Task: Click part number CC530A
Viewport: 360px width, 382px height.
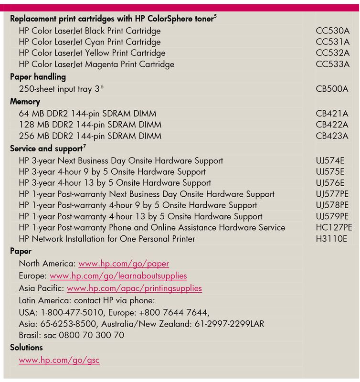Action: (333, 31)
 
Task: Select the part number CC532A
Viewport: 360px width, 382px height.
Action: (333, 53)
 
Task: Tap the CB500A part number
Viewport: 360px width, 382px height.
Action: (332, 89)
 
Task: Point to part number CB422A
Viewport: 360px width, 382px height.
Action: (332, 125)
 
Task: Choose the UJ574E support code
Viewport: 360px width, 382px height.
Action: (330, 161)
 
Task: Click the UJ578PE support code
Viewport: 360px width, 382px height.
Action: (332, 205)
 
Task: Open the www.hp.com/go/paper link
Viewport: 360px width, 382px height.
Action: (124, 264)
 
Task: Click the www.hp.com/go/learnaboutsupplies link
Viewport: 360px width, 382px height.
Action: (118, 276)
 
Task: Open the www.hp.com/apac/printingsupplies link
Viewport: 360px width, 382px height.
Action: (134, 288)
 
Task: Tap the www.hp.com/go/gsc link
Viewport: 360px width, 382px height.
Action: (59, 361)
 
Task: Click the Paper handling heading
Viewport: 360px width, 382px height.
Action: (38, 77)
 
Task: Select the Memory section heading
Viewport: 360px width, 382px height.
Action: (25, 102)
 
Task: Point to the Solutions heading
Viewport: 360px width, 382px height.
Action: (26, 348)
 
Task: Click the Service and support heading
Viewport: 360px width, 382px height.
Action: (46, 149)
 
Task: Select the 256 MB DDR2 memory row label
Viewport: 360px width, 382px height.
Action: (87, 136)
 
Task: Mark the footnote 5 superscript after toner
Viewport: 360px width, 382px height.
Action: (215, 17)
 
